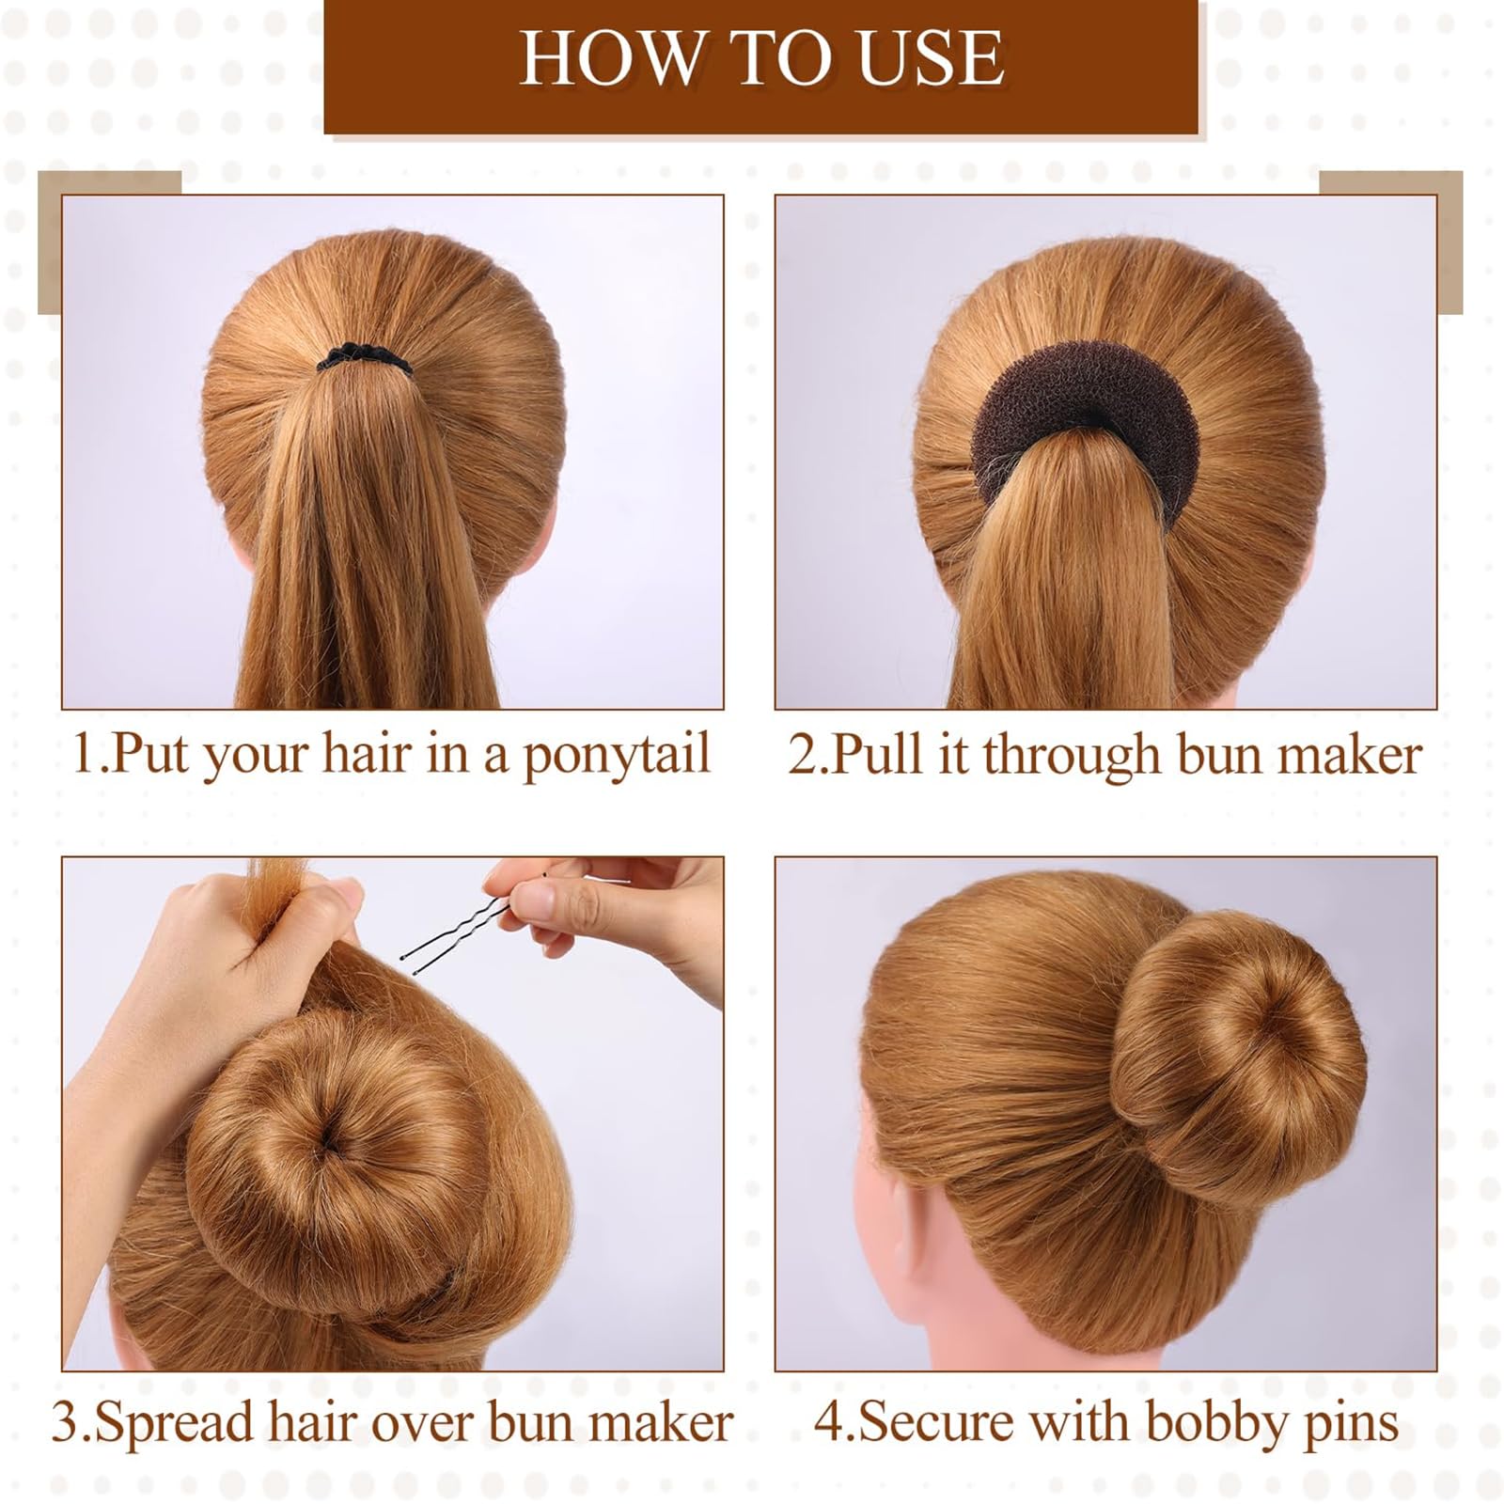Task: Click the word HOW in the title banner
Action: tap(609, 58)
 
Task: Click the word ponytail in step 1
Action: tap(616, 757)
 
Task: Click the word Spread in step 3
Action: tap(174, 1424)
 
